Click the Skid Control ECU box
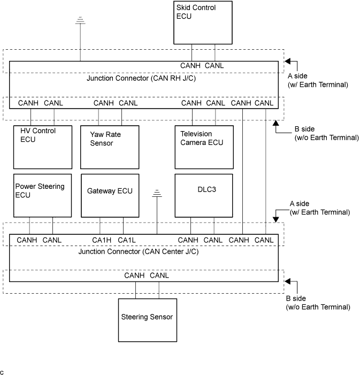coord(204,22)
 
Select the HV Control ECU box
coord(42,147)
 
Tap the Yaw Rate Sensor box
coord(110,147)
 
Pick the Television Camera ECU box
coord(204,147)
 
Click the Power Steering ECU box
coord(42,195)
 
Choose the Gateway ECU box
coord(110,195)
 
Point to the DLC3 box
coord(204,195)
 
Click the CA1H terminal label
coord(102,240)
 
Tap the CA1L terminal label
coord(127,240)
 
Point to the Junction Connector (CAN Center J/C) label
coord(138,251)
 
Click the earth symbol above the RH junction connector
coord(80,20)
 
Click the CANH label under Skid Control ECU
coord(190,66)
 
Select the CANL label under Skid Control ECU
coord(215,66)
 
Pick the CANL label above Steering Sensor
coord(159,275)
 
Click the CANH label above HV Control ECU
coord(28,103)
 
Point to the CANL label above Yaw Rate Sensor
coord(128,103)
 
